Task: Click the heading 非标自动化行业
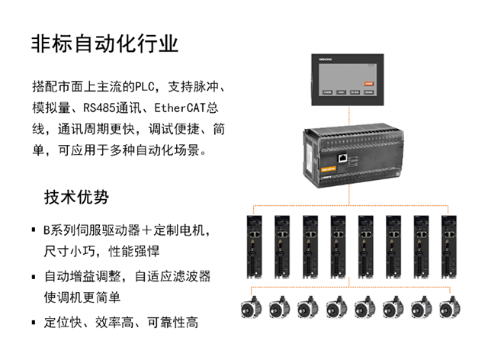[104, 43]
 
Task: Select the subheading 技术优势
[76, 197]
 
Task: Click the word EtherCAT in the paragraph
[180, 108]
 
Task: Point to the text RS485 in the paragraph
[99, 108]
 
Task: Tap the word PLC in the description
[145, 87]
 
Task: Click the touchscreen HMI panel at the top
[348, 80]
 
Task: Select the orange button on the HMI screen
[368, 83]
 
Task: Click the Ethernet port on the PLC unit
[342, 158]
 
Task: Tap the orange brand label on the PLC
[329, 170]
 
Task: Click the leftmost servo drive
[254, 246]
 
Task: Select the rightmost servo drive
[449, 246]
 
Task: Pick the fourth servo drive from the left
[338, 246]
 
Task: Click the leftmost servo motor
[251, 307]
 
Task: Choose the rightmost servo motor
[450, 307]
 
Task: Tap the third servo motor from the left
[308, 307]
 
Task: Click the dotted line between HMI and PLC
[349, 115]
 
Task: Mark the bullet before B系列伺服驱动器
[34, 230]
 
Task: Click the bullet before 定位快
[34, 323]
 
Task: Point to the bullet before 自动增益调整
[34, 277]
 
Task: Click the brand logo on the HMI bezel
[326, 59]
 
